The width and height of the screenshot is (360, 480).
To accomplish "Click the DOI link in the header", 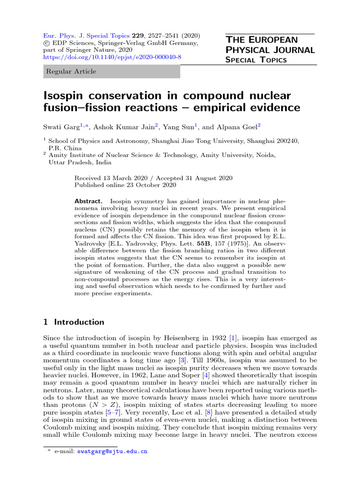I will (x=112, y=57).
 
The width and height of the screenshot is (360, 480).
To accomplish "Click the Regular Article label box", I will (x=112, y=72).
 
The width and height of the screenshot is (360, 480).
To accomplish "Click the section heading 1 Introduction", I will (x=74, y=322).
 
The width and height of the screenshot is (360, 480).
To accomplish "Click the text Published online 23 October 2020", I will (x=125, y=186).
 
